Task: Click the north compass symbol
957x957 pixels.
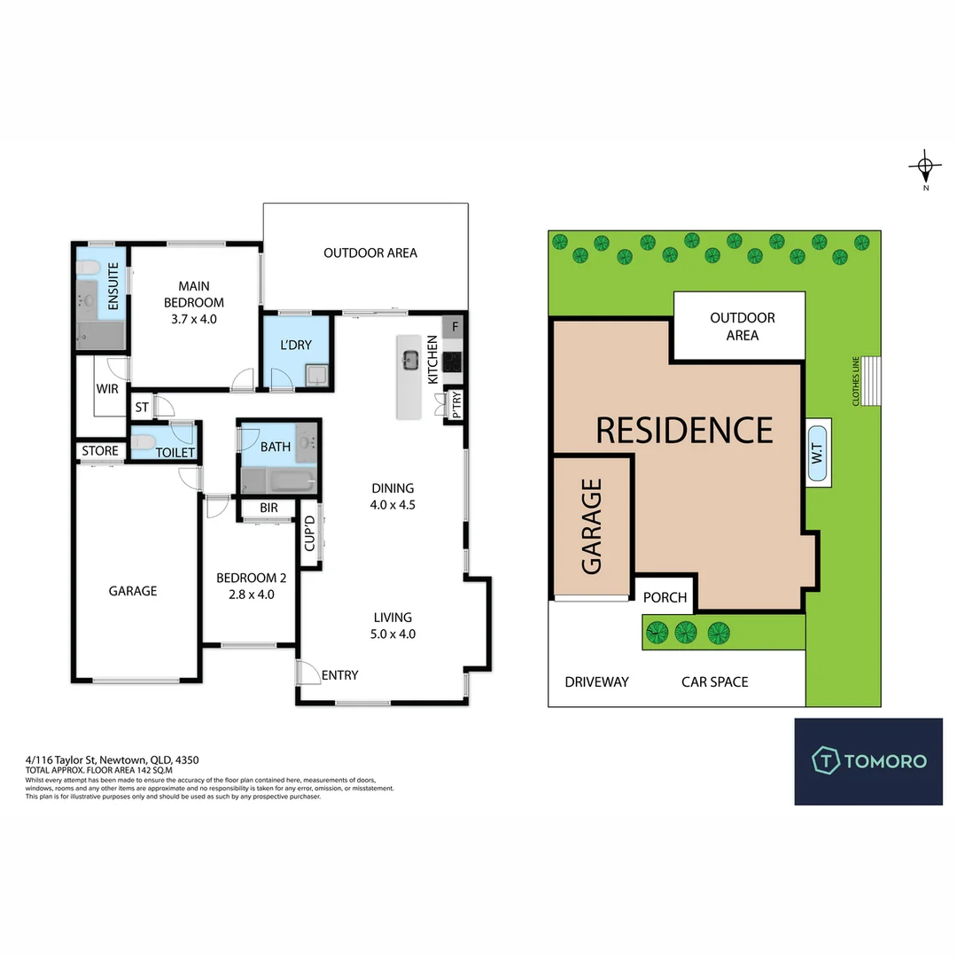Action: tap(925, 167)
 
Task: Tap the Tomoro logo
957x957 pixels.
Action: tap(868, 761)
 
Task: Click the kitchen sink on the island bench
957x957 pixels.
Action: tap(409, 360)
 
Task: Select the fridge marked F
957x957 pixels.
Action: tap(454, 326)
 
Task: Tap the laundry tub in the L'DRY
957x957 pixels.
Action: tap(316, 376)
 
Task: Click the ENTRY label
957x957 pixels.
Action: tap(340, 675)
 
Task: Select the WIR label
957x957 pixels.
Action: tap(107, 389)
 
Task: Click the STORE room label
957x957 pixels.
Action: tap(100, 451)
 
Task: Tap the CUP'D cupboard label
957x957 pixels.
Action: tap(309, 533)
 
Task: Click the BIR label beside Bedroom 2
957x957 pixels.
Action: tap(268, 508)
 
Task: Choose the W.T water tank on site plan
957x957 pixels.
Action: tap(819, 453)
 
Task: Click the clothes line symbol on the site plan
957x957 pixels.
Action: tap(871, 381)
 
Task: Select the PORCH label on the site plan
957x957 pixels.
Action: tap(665, 597)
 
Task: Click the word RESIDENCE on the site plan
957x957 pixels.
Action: tap(684, 431)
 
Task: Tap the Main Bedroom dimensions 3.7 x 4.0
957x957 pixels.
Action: tap(194, 319)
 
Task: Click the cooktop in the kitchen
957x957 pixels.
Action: tap(453, 362)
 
